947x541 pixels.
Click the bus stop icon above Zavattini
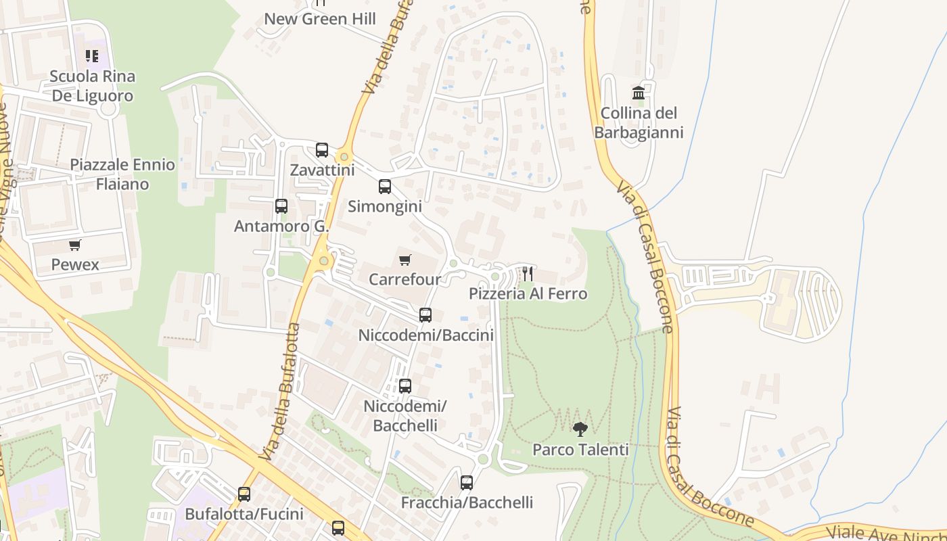[x=322, y=150]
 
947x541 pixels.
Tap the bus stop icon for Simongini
[x=385, y=187]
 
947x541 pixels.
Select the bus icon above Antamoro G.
[x=281, y=206]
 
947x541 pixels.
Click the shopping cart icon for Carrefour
[x=405, y=260]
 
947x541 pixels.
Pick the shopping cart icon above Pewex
[x=75, y=245]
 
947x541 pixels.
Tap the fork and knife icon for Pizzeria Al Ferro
[x=528, y=274]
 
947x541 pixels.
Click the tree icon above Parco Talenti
[x=580, y=429]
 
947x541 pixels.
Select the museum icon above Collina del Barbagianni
[x=639, y=93]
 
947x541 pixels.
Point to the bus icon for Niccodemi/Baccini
[x=425, y=315]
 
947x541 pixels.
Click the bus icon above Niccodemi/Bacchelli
[x=405, y=386]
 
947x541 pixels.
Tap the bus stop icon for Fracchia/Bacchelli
[x=467, y=483]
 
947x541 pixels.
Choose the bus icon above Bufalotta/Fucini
[x=244, y=494]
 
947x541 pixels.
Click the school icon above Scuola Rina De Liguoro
[x=92, y=56]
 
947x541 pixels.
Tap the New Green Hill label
[x=320, y=19]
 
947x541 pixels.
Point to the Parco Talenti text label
[x=580, y=449]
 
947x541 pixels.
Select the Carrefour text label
[x=405, y=279]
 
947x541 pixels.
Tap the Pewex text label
[x=75, y=264]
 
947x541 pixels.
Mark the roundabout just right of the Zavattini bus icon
[x=344, y=157]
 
